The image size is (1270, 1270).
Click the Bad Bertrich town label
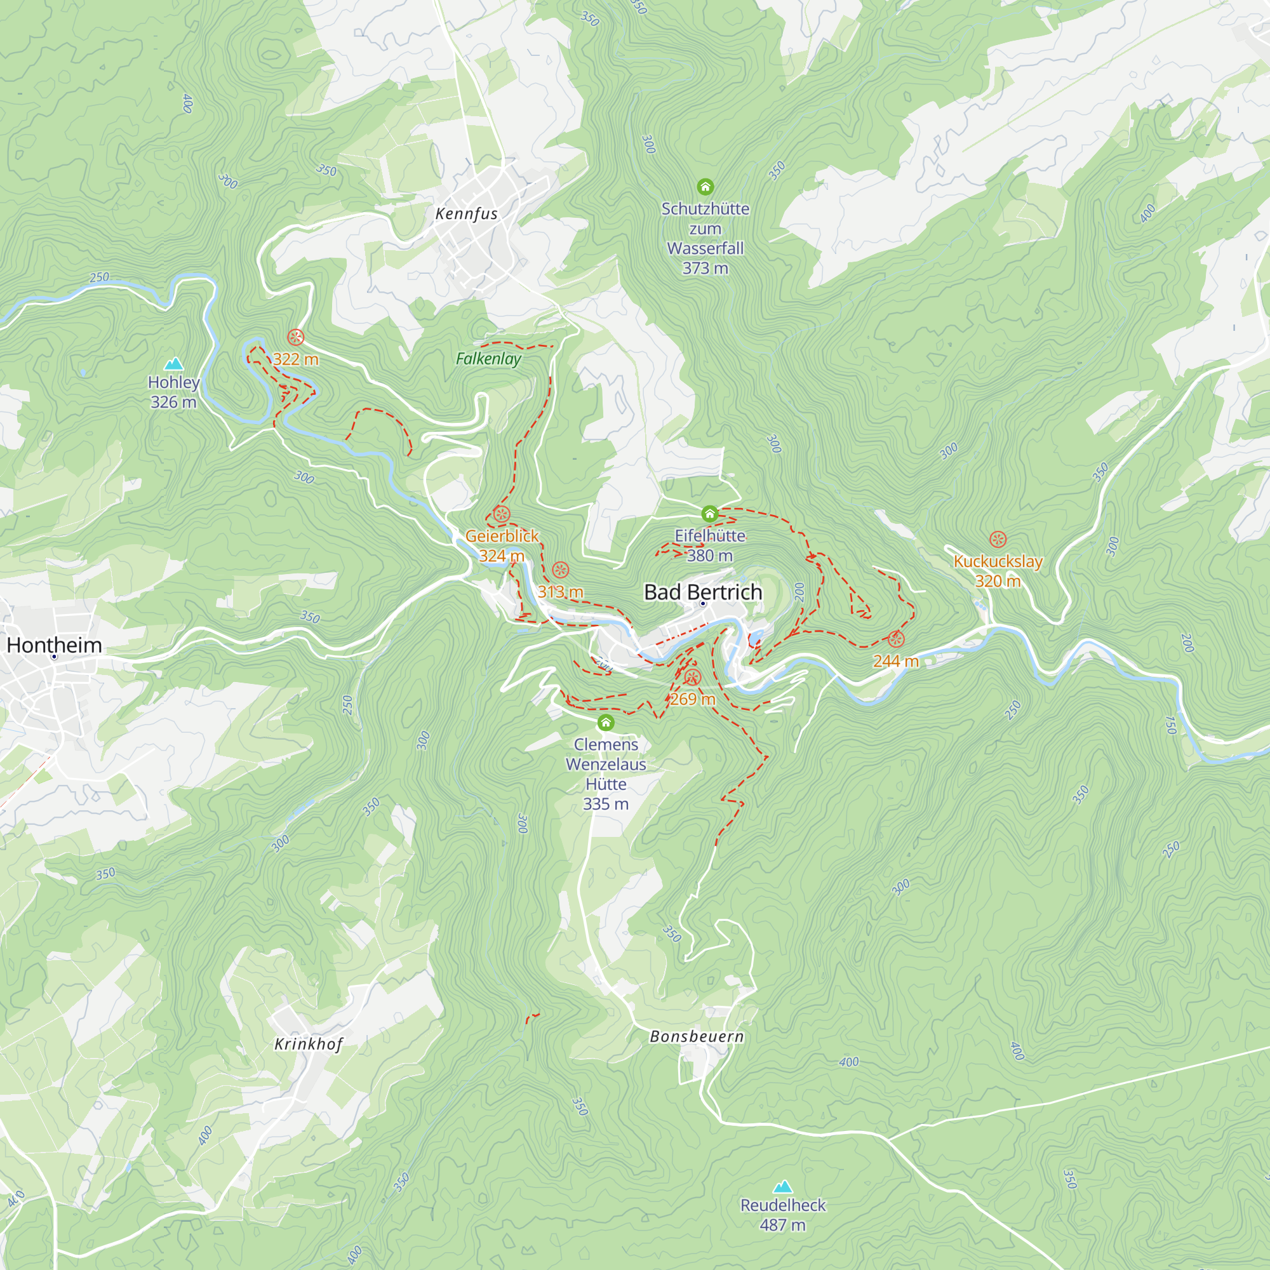[x=703, y=592]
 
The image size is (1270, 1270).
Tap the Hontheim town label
[x=55, y=645]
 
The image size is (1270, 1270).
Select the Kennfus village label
[x=467, y=213]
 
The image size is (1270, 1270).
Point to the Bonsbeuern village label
[x=697, y=1037]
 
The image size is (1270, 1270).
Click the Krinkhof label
[x=309, y=1044]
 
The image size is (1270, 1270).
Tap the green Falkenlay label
[x=488, y=358]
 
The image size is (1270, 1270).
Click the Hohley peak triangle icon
[x=173, y=363]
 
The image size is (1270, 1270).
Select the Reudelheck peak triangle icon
[x=782, y=1187]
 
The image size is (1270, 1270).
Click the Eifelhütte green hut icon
[x=709, y=513]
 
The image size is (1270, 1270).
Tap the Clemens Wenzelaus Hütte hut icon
[x=605, y=723]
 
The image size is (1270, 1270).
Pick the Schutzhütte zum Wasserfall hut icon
[x=705, y=187]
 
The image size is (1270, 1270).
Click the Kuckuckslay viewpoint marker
[x=998, y=540]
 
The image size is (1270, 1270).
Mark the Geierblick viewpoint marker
[x=502, y=514]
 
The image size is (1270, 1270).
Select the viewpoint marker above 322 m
[x=296, y=337]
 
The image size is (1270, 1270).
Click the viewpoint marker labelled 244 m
[x=896, y=639]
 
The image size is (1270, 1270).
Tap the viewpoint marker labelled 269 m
[x=692, y=677]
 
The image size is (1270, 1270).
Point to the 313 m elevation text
[x=560, y=592]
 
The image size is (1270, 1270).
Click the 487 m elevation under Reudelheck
[x=782, y=1225]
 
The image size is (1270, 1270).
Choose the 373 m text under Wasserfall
[x=705, y=268]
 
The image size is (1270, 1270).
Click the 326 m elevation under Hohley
[x=173, y=403]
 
